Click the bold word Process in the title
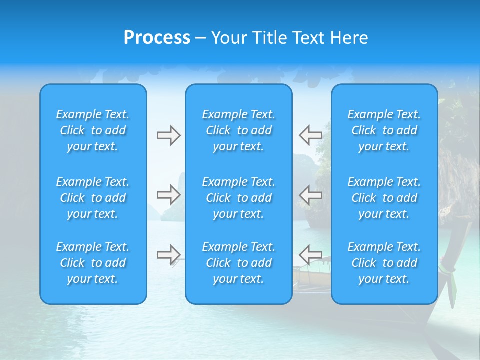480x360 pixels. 157,38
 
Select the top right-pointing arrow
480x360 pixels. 168,135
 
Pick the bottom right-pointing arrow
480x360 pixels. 168,254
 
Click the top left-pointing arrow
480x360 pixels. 310,135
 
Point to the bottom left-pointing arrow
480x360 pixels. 310,254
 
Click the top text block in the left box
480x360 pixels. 93,130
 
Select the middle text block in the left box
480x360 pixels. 93,198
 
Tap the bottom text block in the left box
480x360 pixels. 93,263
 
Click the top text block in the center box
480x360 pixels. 239,130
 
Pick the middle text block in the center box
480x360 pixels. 239,198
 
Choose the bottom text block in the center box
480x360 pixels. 239,263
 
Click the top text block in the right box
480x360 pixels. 384,130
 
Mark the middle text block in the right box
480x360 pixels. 384,198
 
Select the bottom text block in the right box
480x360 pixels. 384,263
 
